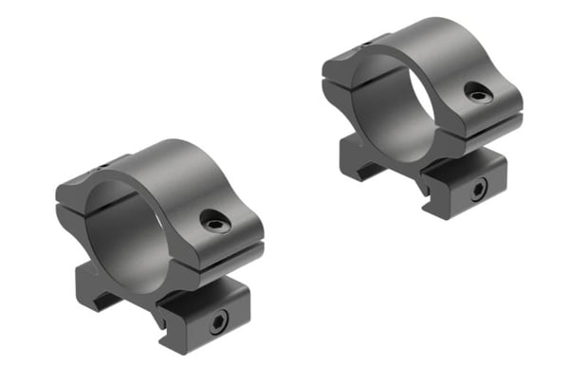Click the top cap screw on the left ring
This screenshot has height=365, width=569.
coord(215,223)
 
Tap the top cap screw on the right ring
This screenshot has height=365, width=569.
coord(476,91)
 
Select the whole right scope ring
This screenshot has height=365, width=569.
coord(422,114)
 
